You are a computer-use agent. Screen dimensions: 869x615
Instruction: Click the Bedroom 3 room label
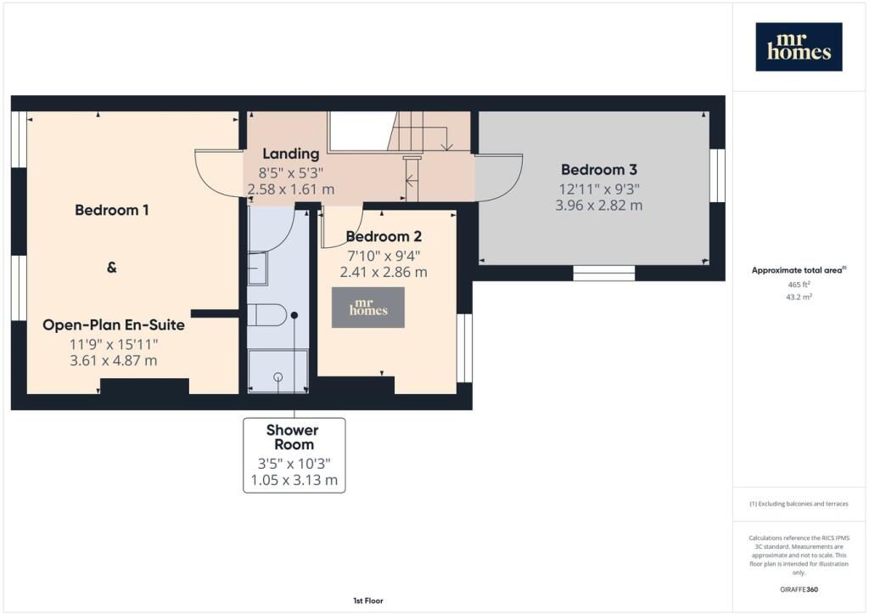[x=598, y=170]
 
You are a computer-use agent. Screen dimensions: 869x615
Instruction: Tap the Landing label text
[x=291, y=154]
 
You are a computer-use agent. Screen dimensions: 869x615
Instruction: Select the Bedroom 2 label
[x=384, y=237]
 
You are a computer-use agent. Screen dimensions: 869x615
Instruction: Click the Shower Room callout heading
[x=293, y=437]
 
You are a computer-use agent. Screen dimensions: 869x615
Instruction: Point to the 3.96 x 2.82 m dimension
[x=599, y=206]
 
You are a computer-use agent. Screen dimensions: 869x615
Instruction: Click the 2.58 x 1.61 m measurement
[x=291, y=189]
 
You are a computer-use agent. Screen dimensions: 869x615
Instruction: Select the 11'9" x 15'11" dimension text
[x=114, y=344]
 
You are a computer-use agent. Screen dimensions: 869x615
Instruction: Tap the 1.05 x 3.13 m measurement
[x=294, y=480]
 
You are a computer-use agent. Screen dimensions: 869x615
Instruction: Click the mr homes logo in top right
[x=799, y=47]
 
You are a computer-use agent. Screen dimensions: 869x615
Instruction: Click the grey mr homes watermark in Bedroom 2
[x=368, y=307]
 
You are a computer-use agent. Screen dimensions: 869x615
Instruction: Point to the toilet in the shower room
[x=266, y=315]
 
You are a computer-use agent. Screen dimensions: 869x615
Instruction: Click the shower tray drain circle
[x=278, y=377]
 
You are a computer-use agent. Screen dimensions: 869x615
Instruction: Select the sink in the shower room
[x=257, y=268]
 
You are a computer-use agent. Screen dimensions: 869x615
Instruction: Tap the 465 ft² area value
[x=799, y=285]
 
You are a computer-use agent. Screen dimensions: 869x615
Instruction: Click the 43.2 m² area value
[x=799, y=296]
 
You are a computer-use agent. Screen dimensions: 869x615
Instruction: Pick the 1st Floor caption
[x=368, y=601]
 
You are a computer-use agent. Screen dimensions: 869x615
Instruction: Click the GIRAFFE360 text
[x=799, y=590]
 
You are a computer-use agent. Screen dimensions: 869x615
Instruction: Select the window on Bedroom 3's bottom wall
[x=603, y=273]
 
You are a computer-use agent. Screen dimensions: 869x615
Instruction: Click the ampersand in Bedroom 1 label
[x=111, y=268]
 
